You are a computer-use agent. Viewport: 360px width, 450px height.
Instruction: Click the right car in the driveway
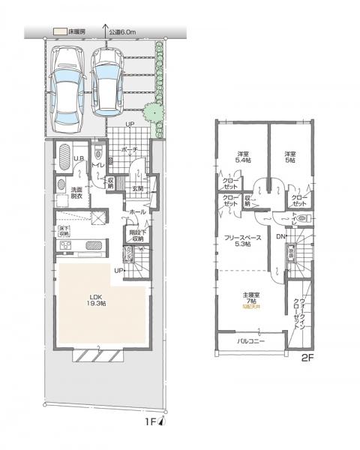tap(107, 80)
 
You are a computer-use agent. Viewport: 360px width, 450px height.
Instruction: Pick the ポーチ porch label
tap(129, 149)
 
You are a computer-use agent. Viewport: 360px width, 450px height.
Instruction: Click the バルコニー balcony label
tap(249, 342)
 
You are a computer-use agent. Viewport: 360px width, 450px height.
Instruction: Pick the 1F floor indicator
tap(151, 424)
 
